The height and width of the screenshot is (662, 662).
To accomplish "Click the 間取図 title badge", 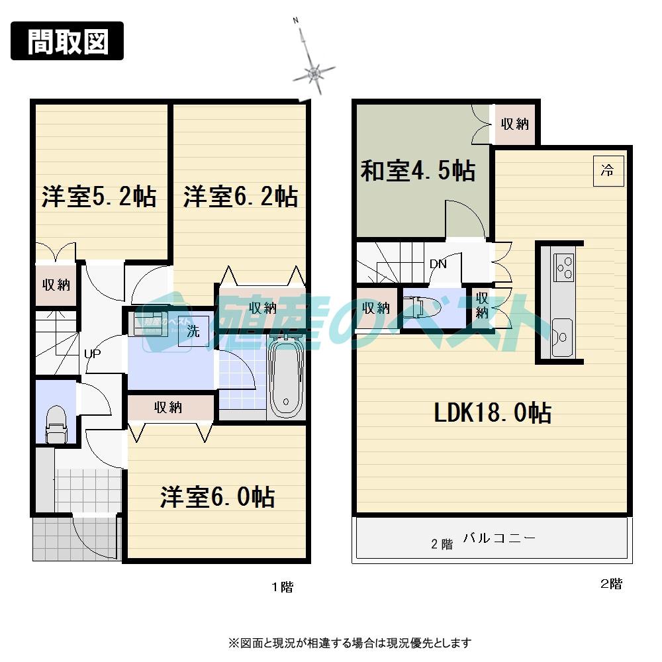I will [x=68, y=41].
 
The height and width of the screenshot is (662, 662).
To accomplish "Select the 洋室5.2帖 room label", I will [x=99, y=197].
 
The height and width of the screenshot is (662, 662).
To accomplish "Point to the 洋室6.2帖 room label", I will [x=240, y=197].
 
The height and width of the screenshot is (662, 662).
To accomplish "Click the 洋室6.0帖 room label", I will [x=218, y=496].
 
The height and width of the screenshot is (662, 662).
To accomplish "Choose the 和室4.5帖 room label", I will [x=418, y=171].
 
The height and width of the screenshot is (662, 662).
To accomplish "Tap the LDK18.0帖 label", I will [x=493, y=413].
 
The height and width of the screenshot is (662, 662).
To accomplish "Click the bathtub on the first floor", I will [x=286, y=377].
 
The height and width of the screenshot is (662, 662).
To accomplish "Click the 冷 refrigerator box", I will [x=607, y=171].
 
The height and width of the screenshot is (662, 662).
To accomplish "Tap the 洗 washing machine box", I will [x=193, y=331].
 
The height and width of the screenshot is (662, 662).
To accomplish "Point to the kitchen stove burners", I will [x=563, y=267].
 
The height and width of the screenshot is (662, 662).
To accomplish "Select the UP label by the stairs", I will [x=93, y=354].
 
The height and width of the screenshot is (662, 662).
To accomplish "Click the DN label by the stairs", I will [x=438, y=263].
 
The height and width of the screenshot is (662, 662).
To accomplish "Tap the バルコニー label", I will [x=498, y=538].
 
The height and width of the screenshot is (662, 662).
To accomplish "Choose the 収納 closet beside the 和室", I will [x=514, y=123].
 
